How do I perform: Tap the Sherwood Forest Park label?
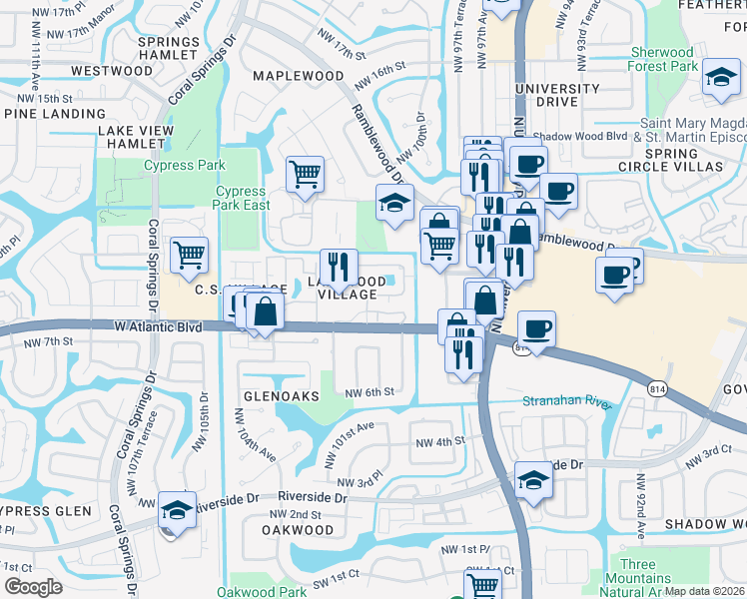(x=662, y=60)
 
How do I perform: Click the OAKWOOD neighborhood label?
(x=297, y=530)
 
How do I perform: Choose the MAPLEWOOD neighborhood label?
(x=298, y=76)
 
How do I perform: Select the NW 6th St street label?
(x=371, y=391)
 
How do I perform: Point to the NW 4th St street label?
(x=439, y=440)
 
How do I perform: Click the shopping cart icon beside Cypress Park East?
(x=305, y=175)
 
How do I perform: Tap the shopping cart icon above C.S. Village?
(x=189, y=255)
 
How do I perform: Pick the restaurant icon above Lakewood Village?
(x=339, y=266)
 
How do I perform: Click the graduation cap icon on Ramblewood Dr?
(x=394, y=203)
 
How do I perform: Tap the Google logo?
(x=33, y=587)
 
